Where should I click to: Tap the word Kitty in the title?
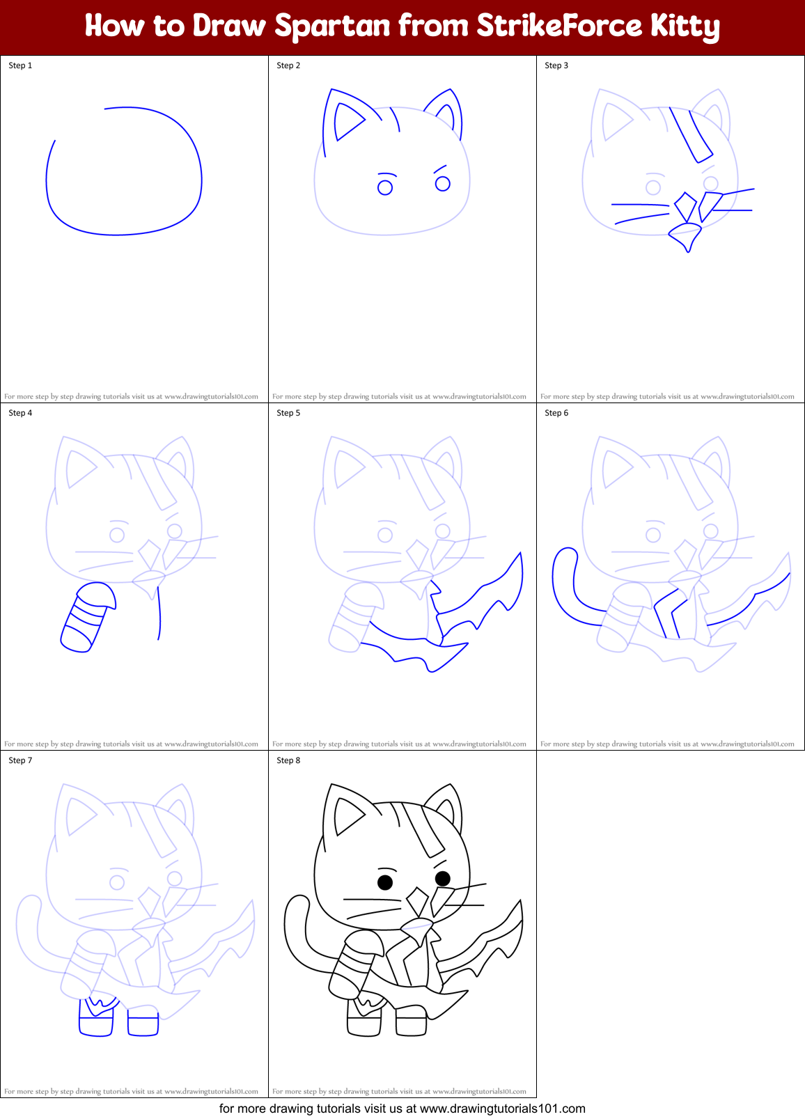(x=684, y=26)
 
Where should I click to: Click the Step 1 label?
(x=20, y=65)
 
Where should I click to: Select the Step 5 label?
(x=288, y=413)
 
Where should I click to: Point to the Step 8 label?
(x=288, y=760)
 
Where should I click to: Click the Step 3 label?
(x=556, y=65)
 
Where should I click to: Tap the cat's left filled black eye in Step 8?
(x=385, y=882)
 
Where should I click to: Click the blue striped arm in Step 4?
(x=87, y=617)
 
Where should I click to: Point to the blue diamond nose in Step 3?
(x=685, y=207)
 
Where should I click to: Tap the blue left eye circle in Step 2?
(x=385, y=187)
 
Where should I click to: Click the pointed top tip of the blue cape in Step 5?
(x=519, y=554)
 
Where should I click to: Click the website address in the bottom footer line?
(x=502, y=1109)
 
